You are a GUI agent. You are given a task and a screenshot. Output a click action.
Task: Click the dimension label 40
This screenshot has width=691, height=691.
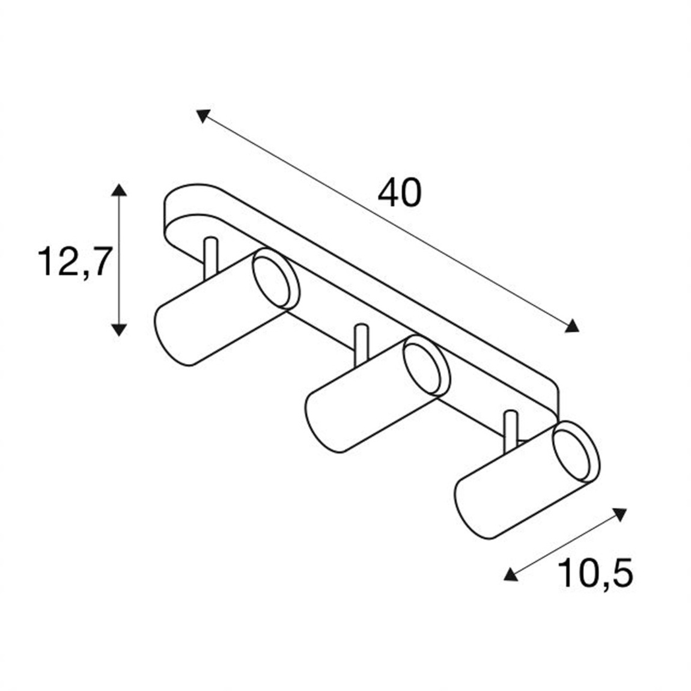point(400,193)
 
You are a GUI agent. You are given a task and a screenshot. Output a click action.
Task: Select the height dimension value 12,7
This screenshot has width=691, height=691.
point(75,263)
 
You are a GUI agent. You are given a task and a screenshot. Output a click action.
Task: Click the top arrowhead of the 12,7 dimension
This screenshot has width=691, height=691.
point(120,190)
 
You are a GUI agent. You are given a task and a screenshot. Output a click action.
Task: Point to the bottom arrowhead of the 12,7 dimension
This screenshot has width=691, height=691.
point(120,328)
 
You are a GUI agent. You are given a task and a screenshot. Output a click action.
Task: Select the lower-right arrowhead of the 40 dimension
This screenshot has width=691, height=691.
point(573,326)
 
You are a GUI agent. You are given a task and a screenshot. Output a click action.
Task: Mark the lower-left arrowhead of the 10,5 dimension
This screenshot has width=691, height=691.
point(510,575)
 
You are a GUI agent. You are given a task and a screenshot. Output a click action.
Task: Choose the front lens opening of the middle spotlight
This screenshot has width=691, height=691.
point(426,366)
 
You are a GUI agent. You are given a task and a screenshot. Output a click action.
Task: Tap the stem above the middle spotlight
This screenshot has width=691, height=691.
point(361,343)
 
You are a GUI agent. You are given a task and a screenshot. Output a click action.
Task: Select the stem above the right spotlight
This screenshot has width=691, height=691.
point(511,429)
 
